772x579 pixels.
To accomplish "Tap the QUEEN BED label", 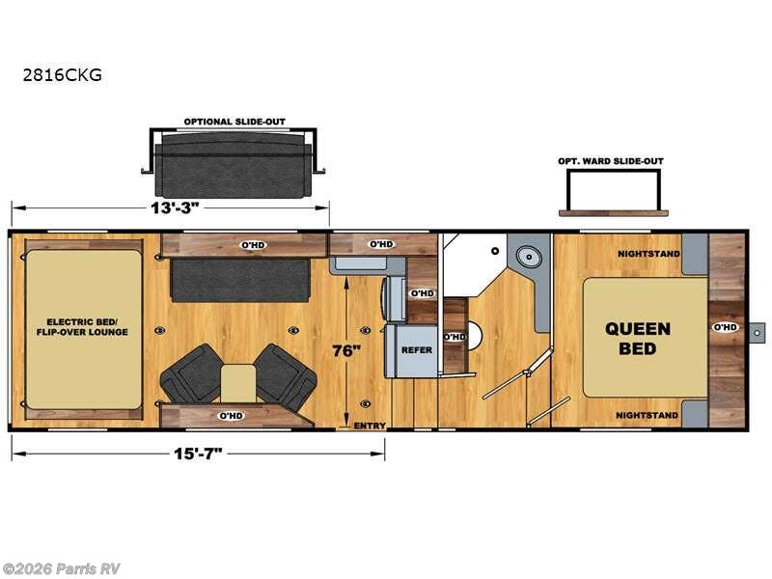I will click(x=637, y=339).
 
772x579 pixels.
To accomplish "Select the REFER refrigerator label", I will click(x=416, y=350).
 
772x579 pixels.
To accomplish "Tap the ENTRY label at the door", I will click(x=370, y=426).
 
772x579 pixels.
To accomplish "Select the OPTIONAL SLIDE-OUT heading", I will click(x=234, y=123).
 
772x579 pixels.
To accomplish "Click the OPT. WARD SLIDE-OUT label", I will click(x=611, y=161).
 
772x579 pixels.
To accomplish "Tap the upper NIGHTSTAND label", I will click(x=648, y=254).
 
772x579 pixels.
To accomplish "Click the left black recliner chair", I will click(x=192, y=372).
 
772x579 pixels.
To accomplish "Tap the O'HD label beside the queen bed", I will click(x=725, y=327).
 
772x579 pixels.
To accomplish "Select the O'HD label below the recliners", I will click(x=230, y=416).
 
